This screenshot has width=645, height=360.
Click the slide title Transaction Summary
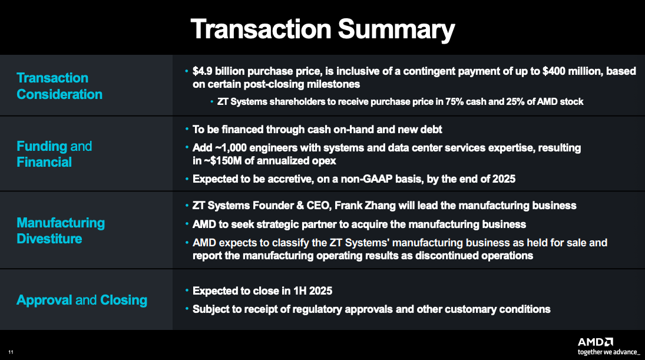pos(322,29)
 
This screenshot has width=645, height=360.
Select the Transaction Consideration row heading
pos(59,86)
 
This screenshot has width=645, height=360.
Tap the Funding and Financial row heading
pos(54,154)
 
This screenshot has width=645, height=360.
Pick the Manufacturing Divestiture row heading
pos(61,230)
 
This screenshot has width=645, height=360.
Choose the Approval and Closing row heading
pos(82,300)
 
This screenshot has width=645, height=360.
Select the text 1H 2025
pos(312,290)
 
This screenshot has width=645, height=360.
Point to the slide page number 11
pos(11,352)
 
